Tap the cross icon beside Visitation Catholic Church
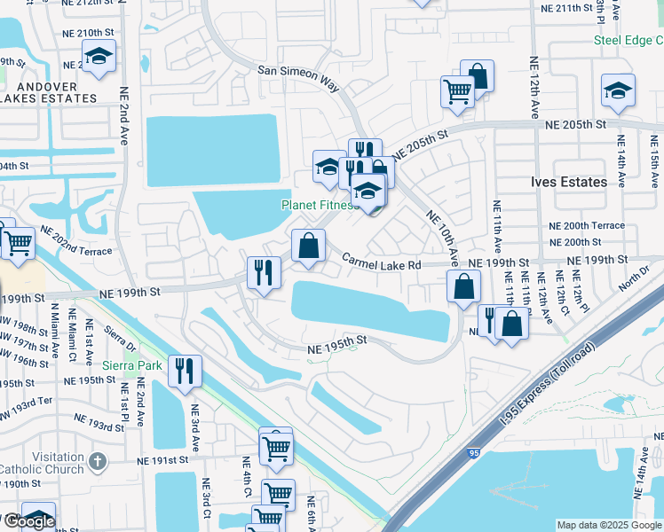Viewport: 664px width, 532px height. tap(98, 461)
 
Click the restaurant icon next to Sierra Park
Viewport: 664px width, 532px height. tap(185, 371)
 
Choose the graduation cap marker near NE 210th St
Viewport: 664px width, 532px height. tap(99, 59)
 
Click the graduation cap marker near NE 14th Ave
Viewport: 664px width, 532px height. tap(619, 90)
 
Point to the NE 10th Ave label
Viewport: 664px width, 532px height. tap(442, 239)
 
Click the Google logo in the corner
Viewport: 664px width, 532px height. tap(28, 520)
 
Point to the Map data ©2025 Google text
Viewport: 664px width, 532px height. tap(609, 525)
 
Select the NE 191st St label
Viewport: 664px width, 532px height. tap(163, 461)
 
